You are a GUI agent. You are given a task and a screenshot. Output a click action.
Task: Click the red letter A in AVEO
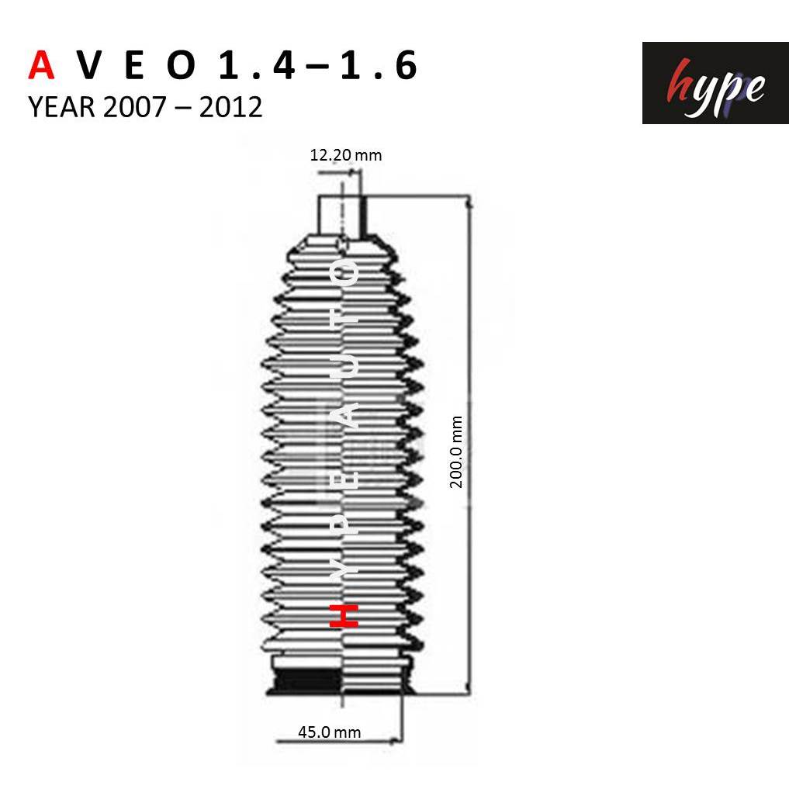(x=41, y=65)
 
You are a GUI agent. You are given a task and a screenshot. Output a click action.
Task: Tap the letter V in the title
(x=91, y=65)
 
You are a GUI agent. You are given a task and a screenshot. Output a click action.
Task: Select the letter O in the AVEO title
(x=181, y=65)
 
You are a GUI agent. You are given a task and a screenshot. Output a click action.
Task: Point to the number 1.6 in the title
(x=379, y=65)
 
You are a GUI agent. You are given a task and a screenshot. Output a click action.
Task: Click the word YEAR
(x=61, y=107)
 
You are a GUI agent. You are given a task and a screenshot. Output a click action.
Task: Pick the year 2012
(x=231, y=107)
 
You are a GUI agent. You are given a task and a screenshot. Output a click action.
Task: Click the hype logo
(x=715, y=83)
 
